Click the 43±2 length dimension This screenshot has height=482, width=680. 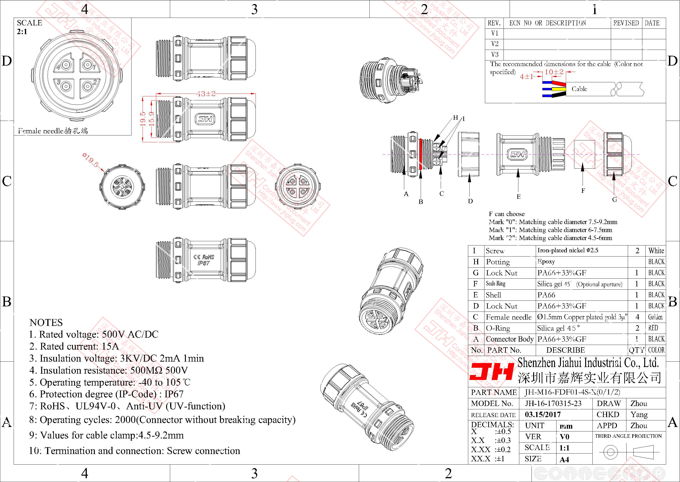(206, 94)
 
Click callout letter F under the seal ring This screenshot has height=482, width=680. (583, 191)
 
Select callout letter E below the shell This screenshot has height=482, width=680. (518, 197)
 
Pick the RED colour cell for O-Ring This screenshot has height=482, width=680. (653, 328)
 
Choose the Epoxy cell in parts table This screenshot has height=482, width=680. (546, 261)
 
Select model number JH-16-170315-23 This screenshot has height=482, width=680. (553, 404)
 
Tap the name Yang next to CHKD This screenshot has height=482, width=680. (639, 415)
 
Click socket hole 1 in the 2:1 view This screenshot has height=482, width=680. (88, 65)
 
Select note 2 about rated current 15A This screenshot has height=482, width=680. (74, 346)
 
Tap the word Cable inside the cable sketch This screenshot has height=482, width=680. (579, 89)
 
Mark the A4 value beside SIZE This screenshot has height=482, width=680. (564, 459)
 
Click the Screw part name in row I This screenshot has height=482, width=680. (495, 251)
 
